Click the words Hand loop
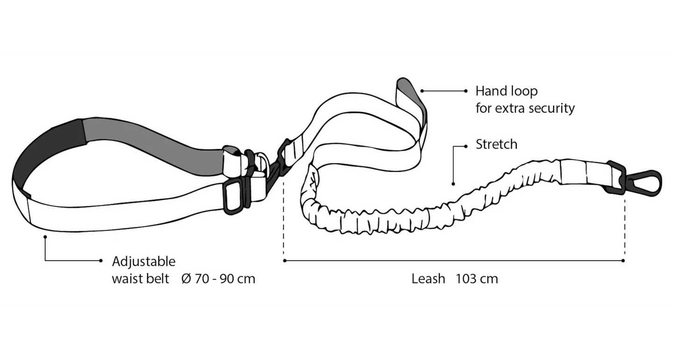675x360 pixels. [x=506, y=91]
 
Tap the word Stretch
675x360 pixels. [x=497, y=144]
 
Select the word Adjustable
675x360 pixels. [x=144, y=261]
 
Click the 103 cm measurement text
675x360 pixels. [x=477, y=279]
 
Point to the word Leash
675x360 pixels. [x=428, y=279]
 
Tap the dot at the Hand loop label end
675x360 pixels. [x=465, y=91]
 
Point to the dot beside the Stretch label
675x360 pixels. [x=466, y=146]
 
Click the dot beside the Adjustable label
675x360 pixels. [x=101, y=261]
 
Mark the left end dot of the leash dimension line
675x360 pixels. [x=284, y=261]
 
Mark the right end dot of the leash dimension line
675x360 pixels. [x=623, y=261]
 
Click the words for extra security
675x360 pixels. [x=525, y=108]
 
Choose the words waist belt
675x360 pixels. [x=140, y=279]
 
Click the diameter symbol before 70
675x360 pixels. [x=186, y=279]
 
